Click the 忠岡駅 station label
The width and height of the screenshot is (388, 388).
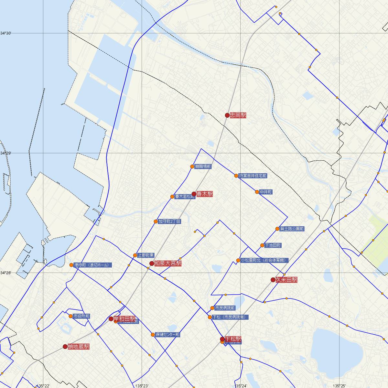tap(238, 115)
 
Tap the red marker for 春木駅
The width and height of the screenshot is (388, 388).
tap(194, 194)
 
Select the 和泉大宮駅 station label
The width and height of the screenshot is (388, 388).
tap(168, 264)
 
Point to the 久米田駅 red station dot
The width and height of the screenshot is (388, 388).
tap(273, 280)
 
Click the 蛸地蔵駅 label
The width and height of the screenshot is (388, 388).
tap(79, 347)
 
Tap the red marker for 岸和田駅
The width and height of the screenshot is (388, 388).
tap(111, 319)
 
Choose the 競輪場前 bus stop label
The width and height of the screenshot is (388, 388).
tap(203, 167)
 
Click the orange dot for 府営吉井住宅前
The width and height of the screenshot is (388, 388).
tap(236, 176)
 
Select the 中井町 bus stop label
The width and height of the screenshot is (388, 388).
tap(266, 192)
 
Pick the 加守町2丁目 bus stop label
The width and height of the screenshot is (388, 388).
tap(169, 222)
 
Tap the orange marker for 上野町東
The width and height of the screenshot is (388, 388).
tap(135, 255)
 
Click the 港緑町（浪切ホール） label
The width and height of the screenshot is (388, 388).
tap(93, 265)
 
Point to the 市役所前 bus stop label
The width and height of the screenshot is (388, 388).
tap(81, 316)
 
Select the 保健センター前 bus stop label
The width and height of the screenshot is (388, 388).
tap(167, 335)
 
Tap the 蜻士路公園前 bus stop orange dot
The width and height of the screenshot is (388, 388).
tap(277, 229)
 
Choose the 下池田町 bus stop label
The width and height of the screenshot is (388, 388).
tap(273, 245)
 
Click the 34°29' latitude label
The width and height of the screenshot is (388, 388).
tap(5, 153)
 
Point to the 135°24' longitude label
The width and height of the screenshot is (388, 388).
tap(241, 386)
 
